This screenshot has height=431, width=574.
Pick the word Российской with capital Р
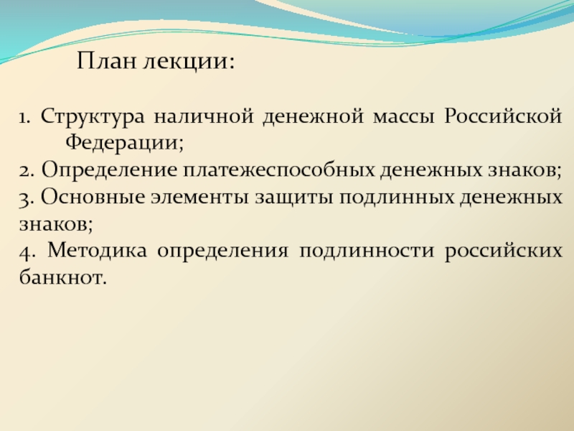tap(503, 116)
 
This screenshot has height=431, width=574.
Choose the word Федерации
tap(124, 142)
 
